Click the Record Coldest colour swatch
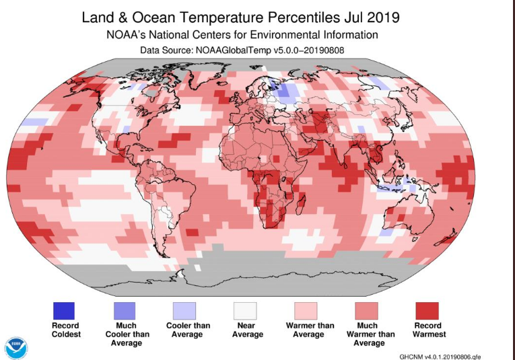click(64, 311)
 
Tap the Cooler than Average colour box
click(184, 311)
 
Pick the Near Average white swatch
click(245, 311)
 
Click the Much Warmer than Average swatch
click(367, 311)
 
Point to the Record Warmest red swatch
click(427, 311)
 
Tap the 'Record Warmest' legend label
click(427, 330)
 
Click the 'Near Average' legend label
click(245, 330)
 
